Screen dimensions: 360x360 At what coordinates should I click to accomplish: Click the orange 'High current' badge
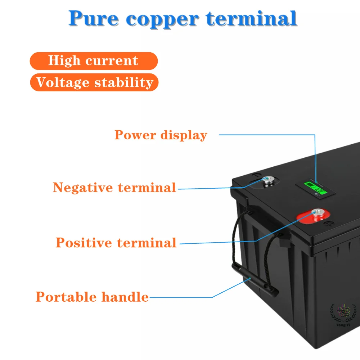pyautogui.click(x=94, y=60)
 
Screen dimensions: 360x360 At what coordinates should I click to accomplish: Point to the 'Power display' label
pyautogui.click(x=161, y=135)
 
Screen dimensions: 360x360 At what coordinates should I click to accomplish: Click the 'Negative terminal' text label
pyautogui.click(x=114, y=188)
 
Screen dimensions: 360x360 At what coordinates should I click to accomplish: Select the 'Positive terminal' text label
pyautogui.click(x=116, y=243)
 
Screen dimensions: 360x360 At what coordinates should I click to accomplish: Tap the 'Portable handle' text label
pyautogui.click(x=92, y=297)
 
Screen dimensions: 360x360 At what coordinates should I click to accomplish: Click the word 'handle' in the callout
pyautogui.click(x=125, y=297)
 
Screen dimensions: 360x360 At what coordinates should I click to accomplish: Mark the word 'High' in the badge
pyautogui.click(x=62, y=60)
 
